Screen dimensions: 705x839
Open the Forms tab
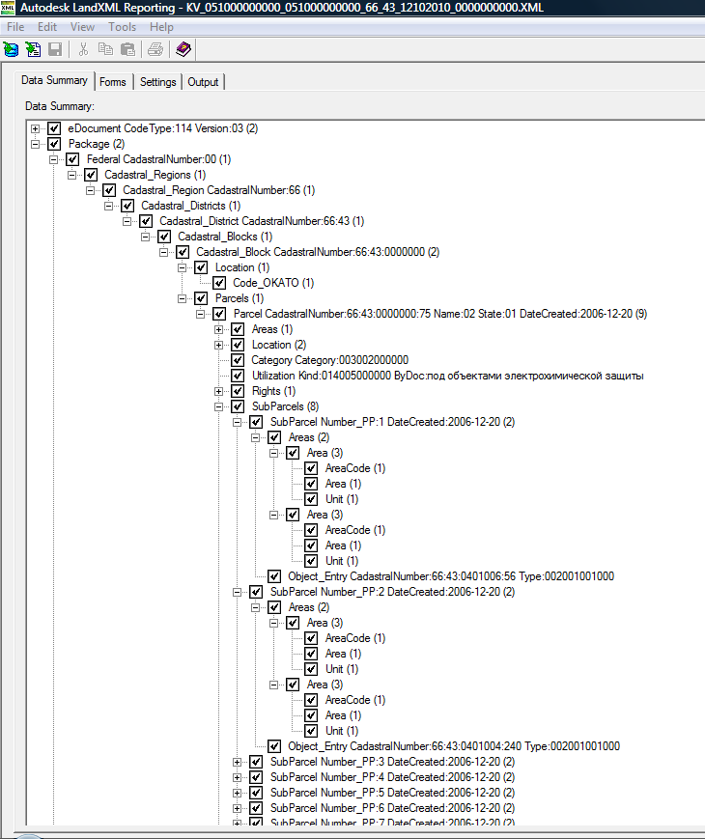coord(112,82)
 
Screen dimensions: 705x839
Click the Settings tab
coord(158,82)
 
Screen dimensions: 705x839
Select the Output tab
coord(203,82)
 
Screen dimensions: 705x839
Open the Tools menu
coord(122,27)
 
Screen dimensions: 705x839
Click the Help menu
coord(161,27)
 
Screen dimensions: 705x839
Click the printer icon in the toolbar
coord(155,50)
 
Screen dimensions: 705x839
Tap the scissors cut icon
coord(83,50)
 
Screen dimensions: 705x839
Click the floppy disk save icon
coord(55,50)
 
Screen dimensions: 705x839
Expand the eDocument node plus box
coord(36,128)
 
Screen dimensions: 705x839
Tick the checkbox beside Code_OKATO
coord(219,283)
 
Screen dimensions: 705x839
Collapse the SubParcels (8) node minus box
coord(219,406)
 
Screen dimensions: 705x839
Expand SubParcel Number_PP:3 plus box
coord(238,762)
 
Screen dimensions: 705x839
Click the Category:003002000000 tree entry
coord(329,360)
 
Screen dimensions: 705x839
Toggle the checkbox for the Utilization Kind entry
coord(238,376)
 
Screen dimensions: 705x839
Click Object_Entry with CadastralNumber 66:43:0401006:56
coord(451,576)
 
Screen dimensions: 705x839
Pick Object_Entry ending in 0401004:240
coord(454,746)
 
